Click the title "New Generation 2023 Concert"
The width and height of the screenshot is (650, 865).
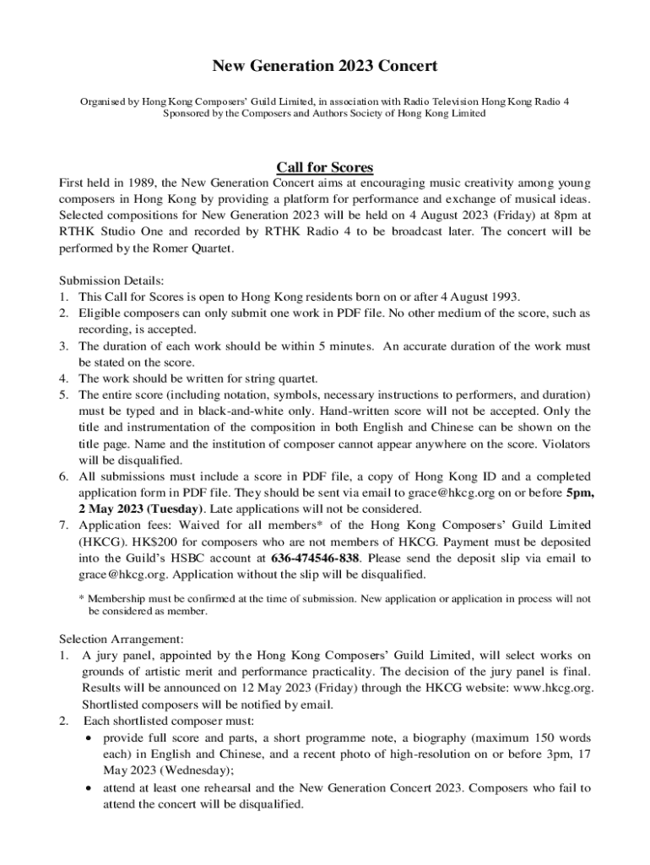pos(325,66)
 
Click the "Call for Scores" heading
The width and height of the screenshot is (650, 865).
pos(325,166)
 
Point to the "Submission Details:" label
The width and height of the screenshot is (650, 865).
pos(106,280)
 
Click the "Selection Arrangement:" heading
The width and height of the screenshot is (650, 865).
pos(121,639)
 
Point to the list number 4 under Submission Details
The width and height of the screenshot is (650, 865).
pos(64,378)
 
